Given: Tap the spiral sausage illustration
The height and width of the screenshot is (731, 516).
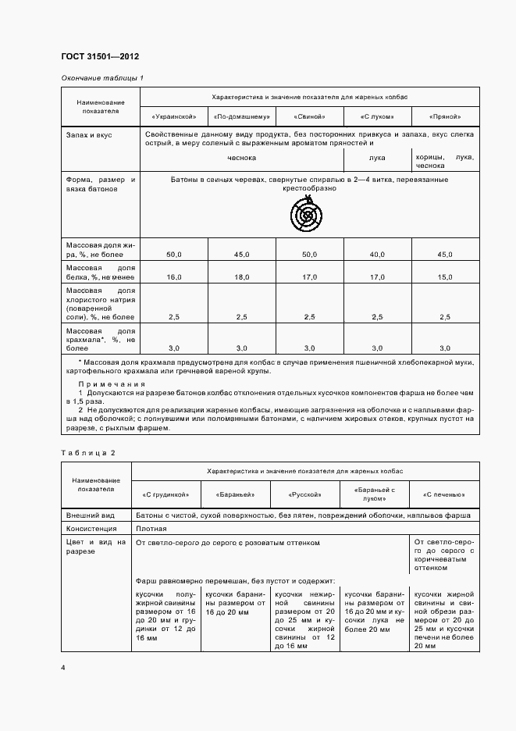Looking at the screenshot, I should [x=308, y=212].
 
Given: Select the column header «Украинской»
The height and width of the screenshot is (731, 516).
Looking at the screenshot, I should [x=173, y=116].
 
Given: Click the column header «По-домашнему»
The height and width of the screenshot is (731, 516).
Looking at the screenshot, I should [x=241, y=116].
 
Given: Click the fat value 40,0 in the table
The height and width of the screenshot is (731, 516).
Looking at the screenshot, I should [x=377, y=254].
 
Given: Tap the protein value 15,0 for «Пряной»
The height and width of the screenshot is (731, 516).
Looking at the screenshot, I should [x=445, y=276].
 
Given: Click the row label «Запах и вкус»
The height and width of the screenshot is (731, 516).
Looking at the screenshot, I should [x=90, y=135].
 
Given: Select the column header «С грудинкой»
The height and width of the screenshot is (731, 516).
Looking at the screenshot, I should [x=165, y=494].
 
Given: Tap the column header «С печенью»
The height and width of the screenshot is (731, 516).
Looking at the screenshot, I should [x=443, y=494].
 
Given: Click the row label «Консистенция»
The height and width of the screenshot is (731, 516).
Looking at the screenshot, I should [x=92, y=529].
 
